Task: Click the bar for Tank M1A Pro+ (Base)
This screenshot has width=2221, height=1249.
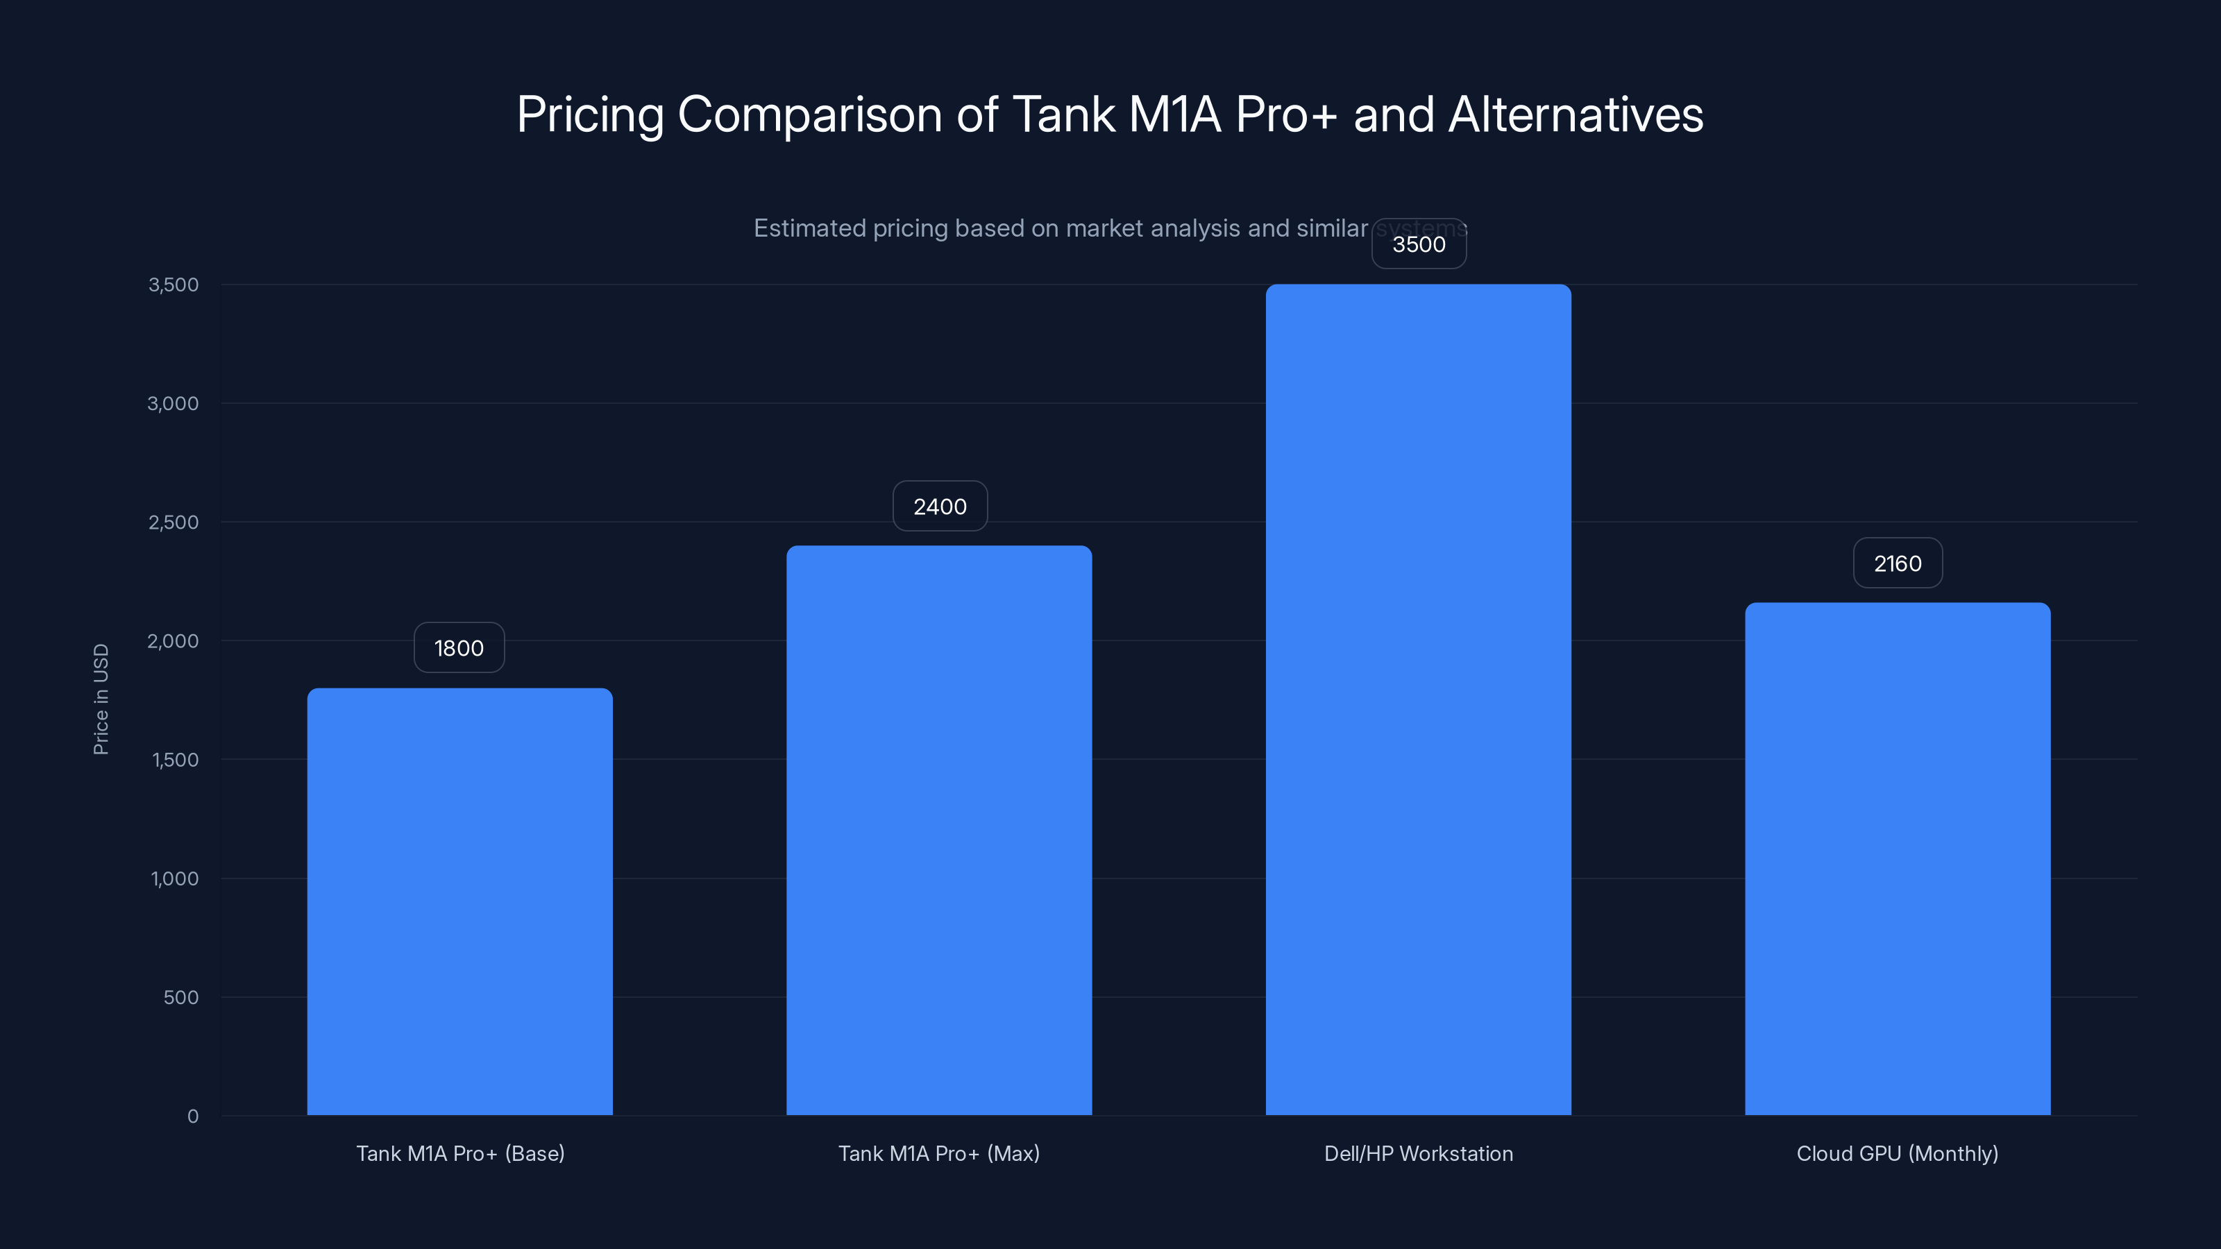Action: [x=459, y=901]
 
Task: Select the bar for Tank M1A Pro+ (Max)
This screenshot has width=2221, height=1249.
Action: [x=939, y=830]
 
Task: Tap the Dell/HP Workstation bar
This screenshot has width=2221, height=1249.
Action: [x=1418, y=699]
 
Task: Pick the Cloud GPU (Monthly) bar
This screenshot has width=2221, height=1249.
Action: [x=1898, y=858]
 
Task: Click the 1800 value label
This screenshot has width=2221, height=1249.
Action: [x=459, y=647]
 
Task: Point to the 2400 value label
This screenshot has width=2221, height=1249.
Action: [x=940, y=506]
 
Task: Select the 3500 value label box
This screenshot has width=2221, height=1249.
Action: [x=1418, y=244]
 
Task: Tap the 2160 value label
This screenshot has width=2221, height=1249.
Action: [x=1898, y=563]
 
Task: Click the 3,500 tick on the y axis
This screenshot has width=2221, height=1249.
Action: [x=174, y=284]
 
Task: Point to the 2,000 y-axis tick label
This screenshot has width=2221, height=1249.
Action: [x=174, y=640]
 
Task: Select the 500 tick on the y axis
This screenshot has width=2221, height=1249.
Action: [x=181, y=997]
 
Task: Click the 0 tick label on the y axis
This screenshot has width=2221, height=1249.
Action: [x=192, y=1116]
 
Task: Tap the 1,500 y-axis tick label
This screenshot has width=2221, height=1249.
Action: [x=175, y=759]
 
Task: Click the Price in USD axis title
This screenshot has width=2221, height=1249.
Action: [x=101, y=699]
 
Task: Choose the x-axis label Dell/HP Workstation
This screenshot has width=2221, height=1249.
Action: [x=1418, y=1153]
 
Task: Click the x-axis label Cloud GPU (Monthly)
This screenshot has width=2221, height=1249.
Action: [x=1897, y=1153]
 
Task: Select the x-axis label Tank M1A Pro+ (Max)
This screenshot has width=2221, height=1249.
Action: [x=939, y=1153]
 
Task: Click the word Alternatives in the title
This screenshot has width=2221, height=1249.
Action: [x=1576, y=114]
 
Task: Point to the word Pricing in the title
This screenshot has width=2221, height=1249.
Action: [x=591, y=114]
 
